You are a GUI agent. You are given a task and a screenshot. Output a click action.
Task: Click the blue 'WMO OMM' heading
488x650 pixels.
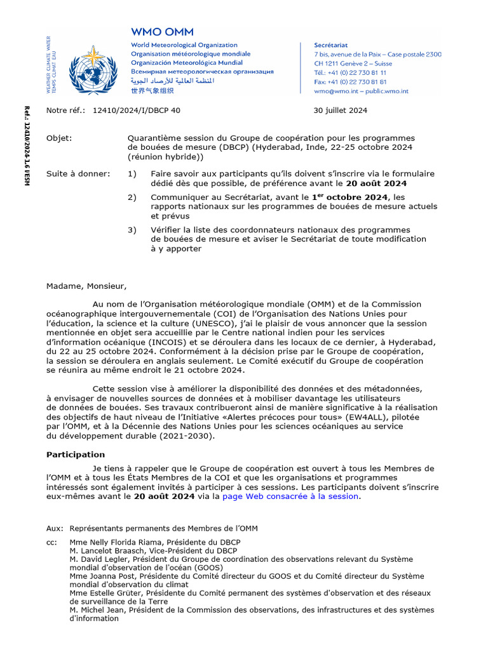[x=162, y=31]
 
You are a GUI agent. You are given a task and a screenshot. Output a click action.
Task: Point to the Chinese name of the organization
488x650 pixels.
[x=153, y=91]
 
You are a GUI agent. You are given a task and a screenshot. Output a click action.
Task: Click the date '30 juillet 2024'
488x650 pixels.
[x=340, y=110]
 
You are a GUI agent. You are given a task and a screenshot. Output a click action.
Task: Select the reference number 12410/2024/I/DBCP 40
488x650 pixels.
[x=136, y=110]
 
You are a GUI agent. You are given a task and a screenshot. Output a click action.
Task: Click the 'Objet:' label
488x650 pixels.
[x=59, y=138]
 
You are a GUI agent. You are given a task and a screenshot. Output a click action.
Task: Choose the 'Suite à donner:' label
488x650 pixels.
[x=78, y=174]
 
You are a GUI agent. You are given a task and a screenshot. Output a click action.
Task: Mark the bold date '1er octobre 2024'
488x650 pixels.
[x=349, y=197]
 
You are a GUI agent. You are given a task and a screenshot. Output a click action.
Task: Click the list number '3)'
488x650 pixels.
[x=132, y=230]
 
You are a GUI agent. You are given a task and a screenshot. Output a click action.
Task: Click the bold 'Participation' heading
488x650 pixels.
[x=76, y=454]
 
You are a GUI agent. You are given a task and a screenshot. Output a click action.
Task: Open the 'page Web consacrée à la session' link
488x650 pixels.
[x=290, y=496]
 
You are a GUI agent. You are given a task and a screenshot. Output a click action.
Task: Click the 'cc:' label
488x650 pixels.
[x=51, y=542]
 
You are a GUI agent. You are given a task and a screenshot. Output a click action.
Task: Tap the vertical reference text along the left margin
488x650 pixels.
[x=27, y=146]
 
